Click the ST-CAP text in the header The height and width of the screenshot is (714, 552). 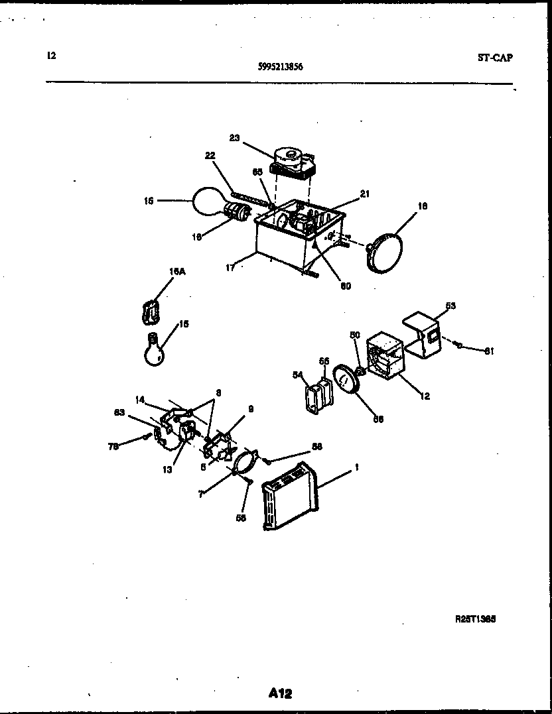click(495, 58)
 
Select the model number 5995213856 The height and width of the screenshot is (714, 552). click(281, 66)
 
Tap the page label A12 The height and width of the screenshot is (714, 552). click(280, 693)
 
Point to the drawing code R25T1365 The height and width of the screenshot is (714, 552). click(476, 619)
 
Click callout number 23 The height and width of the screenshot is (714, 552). click(234, 138)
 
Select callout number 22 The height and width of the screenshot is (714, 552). click(210, 155)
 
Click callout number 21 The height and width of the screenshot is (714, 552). click(365, 194)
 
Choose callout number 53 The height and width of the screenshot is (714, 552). click(450, 306)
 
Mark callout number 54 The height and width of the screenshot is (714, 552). click(297, 375)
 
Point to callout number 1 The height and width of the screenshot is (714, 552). click(356, 467)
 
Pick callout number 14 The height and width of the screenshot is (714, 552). click(140, 400)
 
